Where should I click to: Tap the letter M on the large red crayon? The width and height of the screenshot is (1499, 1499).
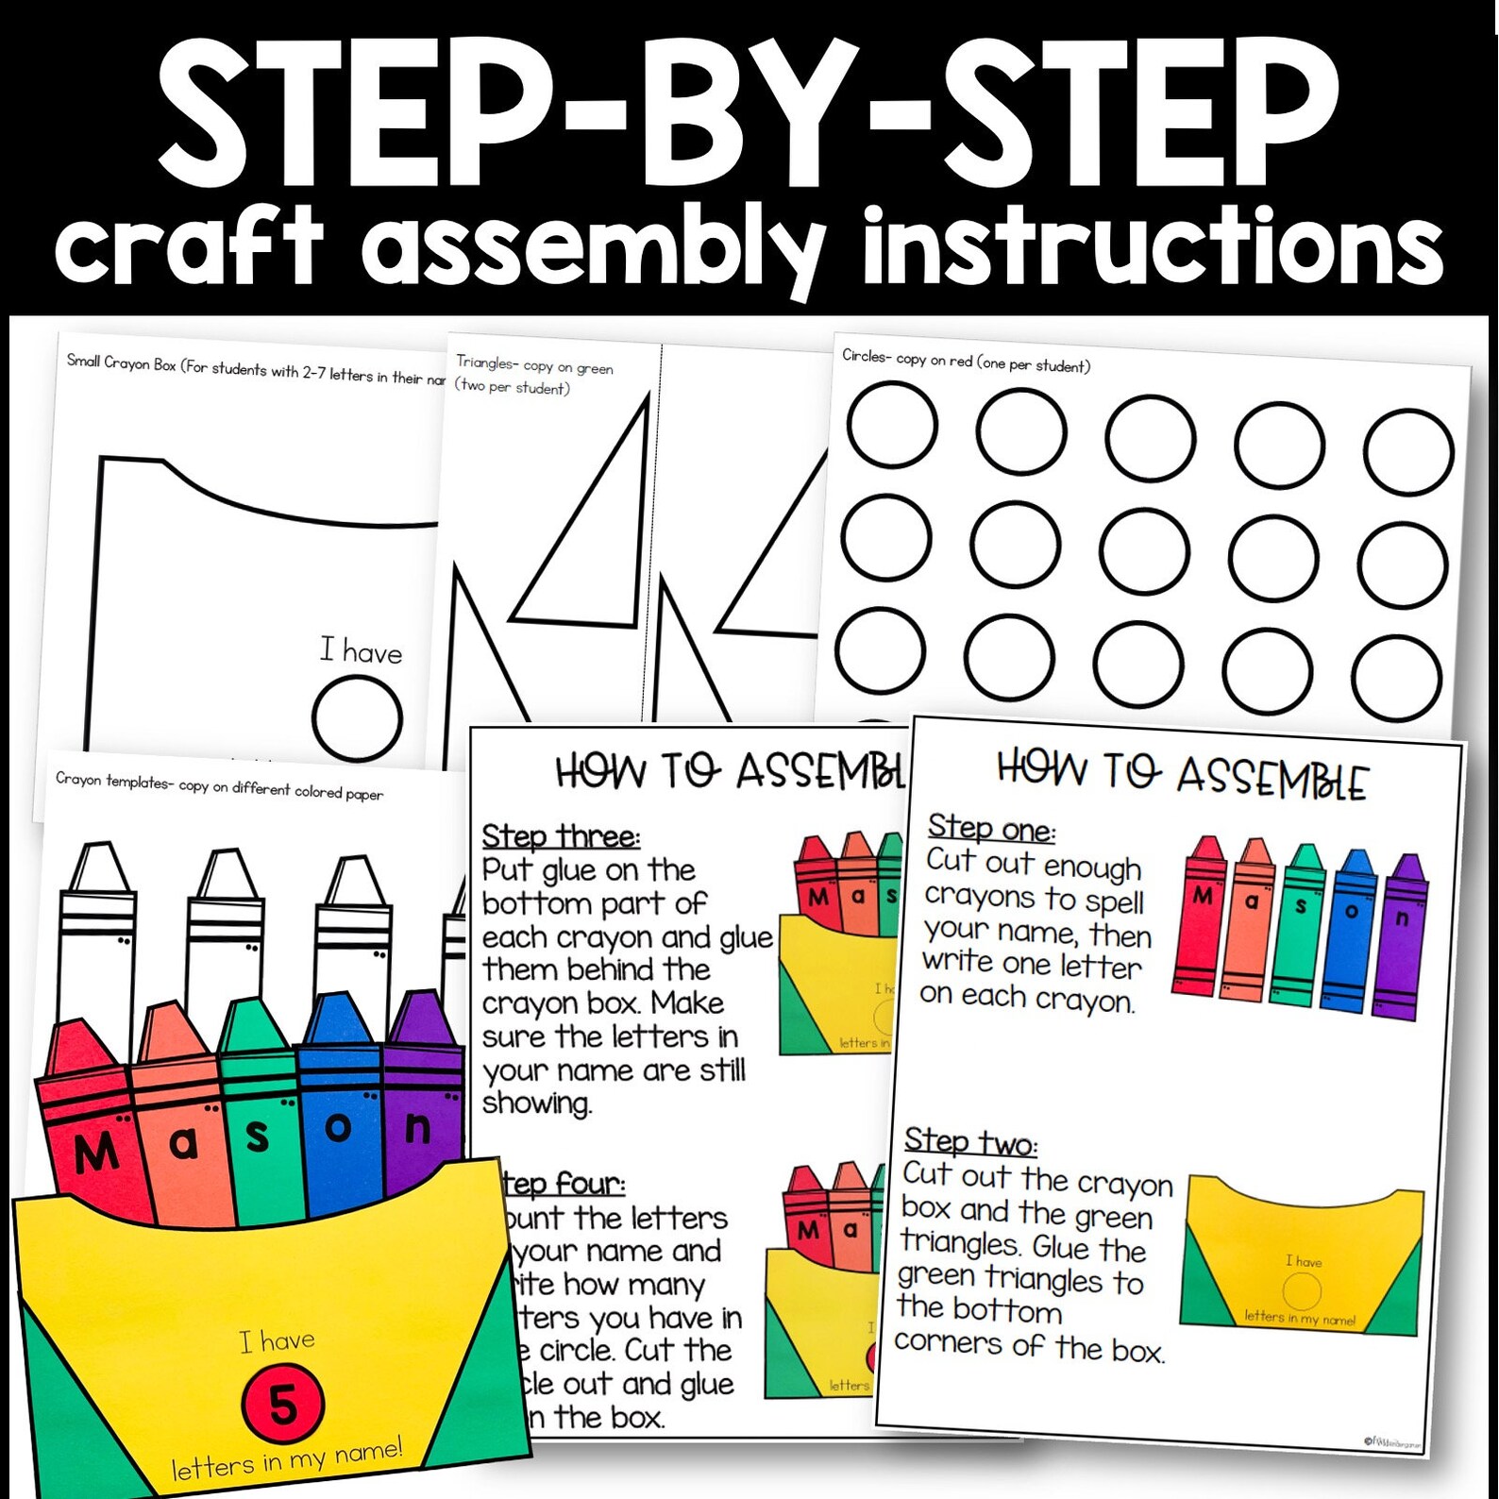tap(95, 1154)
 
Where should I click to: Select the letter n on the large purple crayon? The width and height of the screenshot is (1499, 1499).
tap(418, 1128)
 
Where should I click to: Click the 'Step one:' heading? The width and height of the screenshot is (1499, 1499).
tap(991, 828)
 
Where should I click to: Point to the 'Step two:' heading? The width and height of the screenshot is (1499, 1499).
tap(970, 1142)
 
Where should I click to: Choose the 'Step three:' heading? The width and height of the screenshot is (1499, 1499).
tap(561, 836)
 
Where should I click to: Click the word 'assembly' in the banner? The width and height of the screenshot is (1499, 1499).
tap(593, 247)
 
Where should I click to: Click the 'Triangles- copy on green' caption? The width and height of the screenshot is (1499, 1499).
tap(534, 366)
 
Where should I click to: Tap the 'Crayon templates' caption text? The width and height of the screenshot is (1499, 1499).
tap(219, 786)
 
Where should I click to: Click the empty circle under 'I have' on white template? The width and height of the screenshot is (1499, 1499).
tap(357, 718)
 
